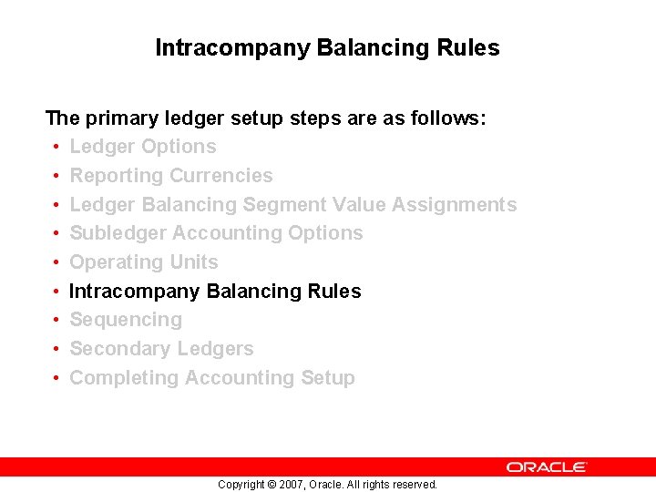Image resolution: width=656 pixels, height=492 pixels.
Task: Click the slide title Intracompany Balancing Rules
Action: pyautogui.click(x=327, y=47)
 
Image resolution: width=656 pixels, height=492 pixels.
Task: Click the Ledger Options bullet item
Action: pyautogui.click(x=143, y=147)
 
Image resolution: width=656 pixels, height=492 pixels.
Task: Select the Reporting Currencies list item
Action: pyautogui.click(x=171, y=176)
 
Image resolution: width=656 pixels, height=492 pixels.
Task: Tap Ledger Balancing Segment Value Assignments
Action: pyautogui.click(x=292, y=205)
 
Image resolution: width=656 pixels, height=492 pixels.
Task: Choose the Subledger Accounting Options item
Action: pyautogui.click(x=216, y=233)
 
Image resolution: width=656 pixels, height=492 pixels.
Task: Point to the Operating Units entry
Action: pyautogui.click(x=144, y=262)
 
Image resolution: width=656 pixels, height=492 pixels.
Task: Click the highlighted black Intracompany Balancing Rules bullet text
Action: pyautogui.click(x=215, y=292)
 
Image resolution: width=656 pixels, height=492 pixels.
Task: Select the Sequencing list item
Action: pyautogui.click(x=126, y=320)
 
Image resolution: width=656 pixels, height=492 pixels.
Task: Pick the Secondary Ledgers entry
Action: pyautogui.click(x=161, y=349)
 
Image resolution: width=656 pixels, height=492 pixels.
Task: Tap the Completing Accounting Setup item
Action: pyautogui.click(x=212, y=378)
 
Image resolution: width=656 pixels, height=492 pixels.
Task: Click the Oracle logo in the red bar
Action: pyautogui.click(x=547, y=466)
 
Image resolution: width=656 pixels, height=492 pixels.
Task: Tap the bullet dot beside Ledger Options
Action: pyautogui.click(x=56, y=148)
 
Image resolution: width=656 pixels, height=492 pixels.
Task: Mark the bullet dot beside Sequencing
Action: pyautogui.click(x=56, y=321)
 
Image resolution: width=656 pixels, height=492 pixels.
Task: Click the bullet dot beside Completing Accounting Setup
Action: pyautogui.click(x=56, y=378)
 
